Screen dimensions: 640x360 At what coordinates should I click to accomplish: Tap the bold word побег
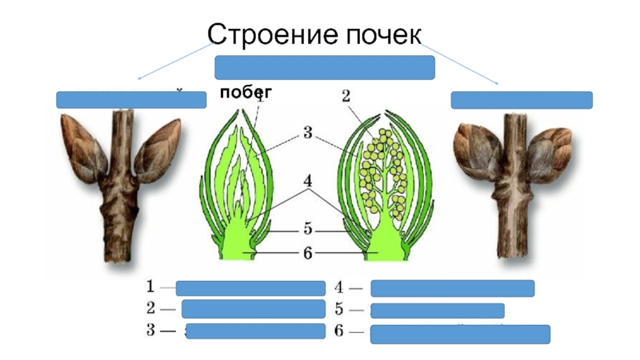pyautogui.click(x=247, y=93)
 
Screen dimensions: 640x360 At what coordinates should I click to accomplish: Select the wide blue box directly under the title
pyautogui.click(x=324, y=67)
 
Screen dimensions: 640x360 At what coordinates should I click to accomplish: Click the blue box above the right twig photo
pyautogui.click(x=522, y=100)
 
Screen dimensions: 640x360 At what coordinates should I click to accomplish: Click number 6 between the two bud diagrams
pyautogui.click(x=306, y=253)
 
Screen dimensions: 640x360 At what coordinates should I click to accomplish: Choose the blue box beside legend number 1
pyautogui.click(x=250, y=289)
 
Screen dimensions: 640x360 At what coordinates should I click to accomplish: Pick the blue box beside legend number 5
pyautogui.click(x=438, y=310)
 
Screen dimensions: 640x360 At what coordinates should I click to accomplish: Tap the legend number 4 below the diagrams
pyautogui.click(x=338, y=287)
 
